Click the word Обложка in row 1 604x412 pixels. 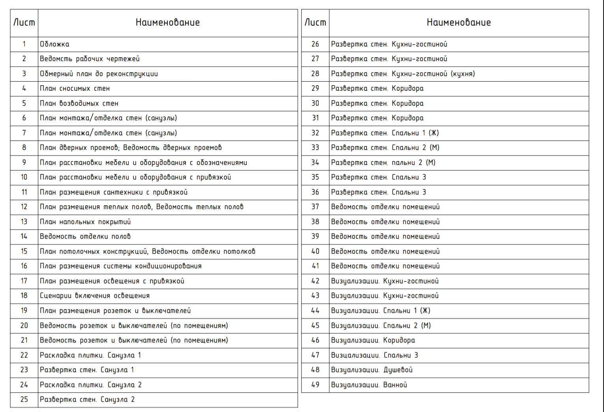(54, 44)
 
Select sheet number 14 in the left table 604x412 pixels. (24, 236)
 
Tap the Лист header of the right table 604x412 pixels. (315, 22)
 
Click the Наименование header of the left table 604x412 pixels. (167, 22)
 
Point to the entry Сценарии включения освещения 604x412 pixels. (95, 296)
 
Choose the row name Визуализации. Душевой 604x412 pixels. (371, 370)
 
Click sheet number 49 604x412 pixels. (315, 385)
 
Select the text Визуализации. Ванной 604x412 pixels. (369, 385)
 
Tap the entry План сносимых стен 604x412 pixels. (75, 88)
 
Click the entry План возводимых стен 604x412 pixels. (79, 103)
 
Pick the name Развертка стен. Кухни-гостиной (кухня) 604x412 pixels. (403, 74)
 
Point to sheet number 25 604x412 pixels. (24, 399)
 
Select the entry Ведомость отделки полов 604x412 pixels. (85, 236)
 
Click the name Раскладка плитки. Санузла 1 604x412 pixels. (90, 355)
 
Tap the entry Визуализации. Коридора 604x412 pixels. (373, 340)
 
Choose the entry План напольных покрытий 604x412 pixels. (85, 222)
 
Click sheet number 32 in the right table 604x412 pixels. (315, 133)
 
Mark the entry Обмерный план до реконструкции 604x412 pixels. (99, 74)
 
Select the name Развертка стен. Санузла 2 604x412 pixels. (87, 399)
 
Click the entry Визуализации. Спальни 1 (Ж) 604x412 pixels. (381, 311)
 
